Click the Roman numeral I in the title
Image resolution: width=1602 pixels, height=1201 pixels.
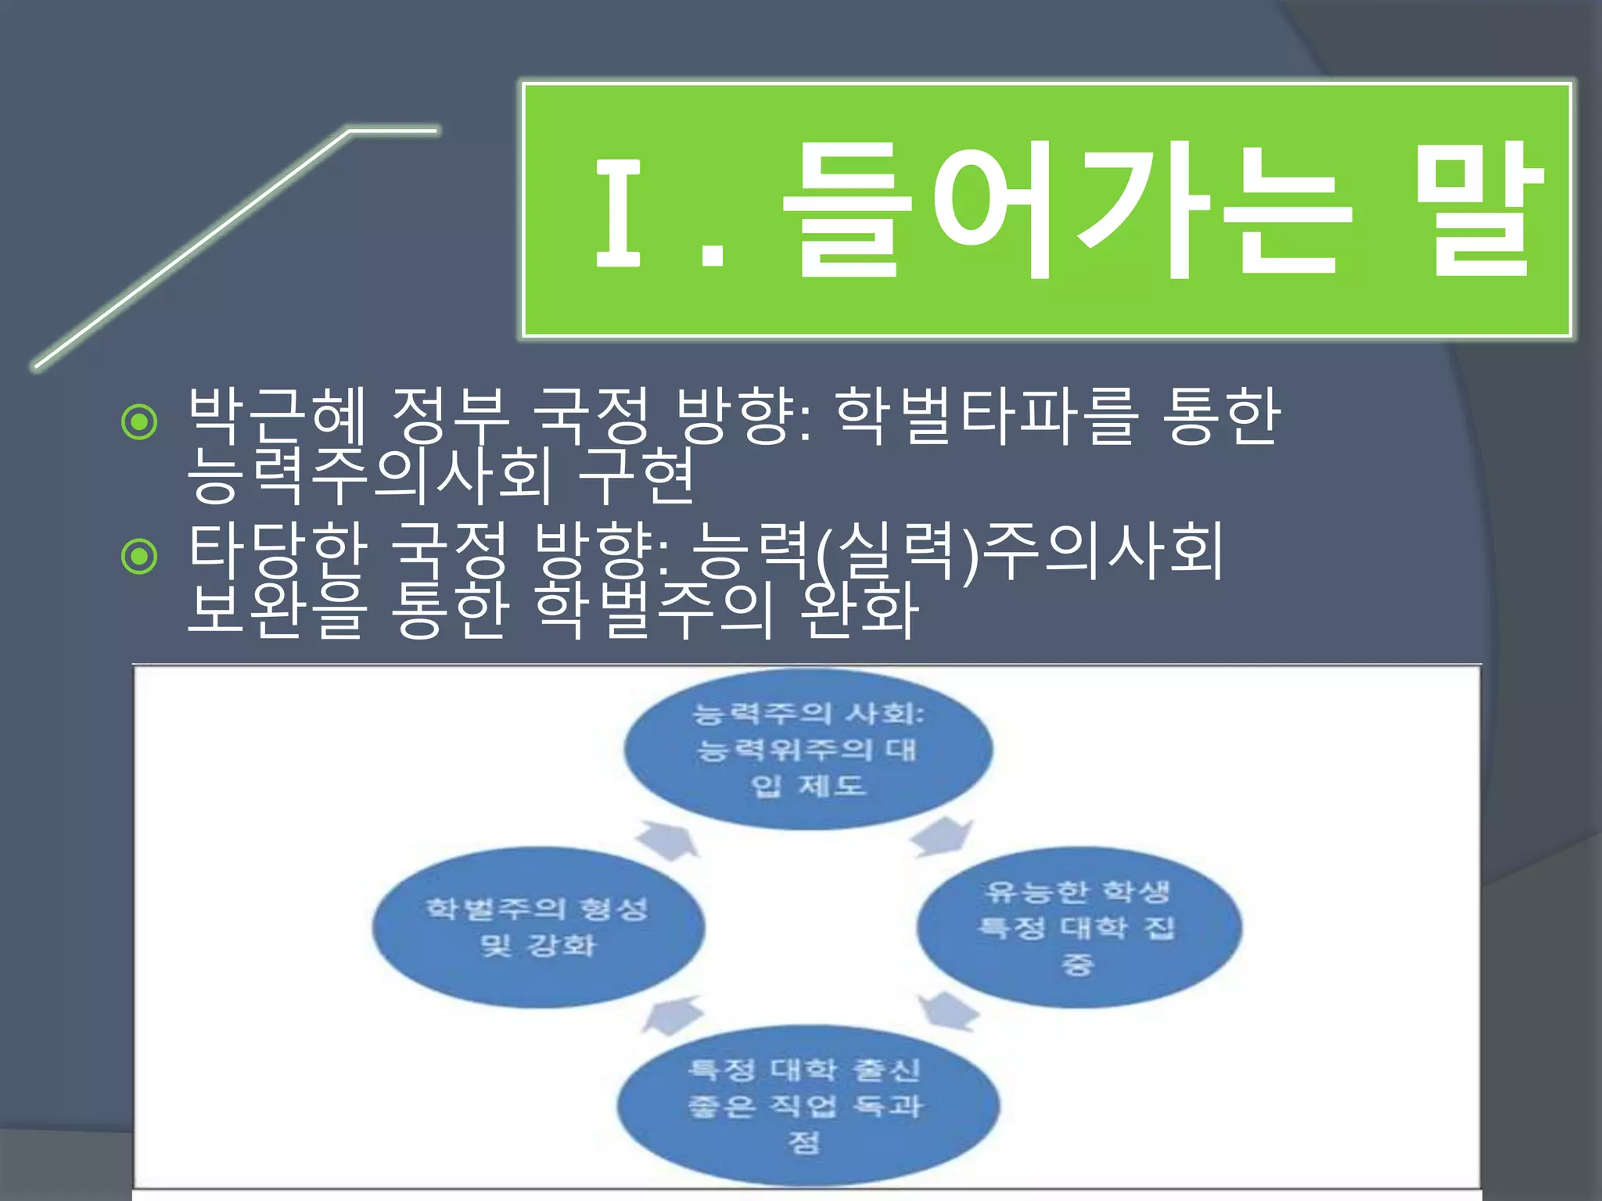(619, 211)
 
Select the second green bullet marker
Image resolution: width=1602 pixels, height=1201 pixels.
(140, 557)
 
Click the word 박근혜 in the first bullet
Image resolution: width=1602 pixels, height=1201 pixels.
(278, 416)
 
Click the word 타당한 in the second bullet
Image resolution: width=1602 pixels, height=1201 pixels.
(278, 550)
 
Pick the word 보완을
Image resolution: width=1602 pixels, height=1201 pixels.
(278, 610)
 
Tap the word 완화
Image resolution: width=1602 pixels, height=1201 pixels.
(860, 610)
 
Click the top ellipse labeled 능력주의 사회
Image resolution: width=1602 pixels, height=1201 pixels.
(808, 749)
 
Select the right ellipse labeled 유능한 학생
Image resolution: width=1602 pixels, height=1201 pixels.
(1079, 927)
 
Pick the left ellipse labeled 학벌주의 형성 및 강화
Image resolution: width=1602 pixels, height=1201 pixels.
(538, 927)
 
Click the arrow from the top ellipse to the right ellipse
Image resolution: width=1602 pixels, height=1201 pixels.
(942, 837)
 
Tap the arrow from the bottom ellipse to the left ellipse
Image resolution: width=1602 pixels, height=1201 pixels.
(672, 1015)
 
